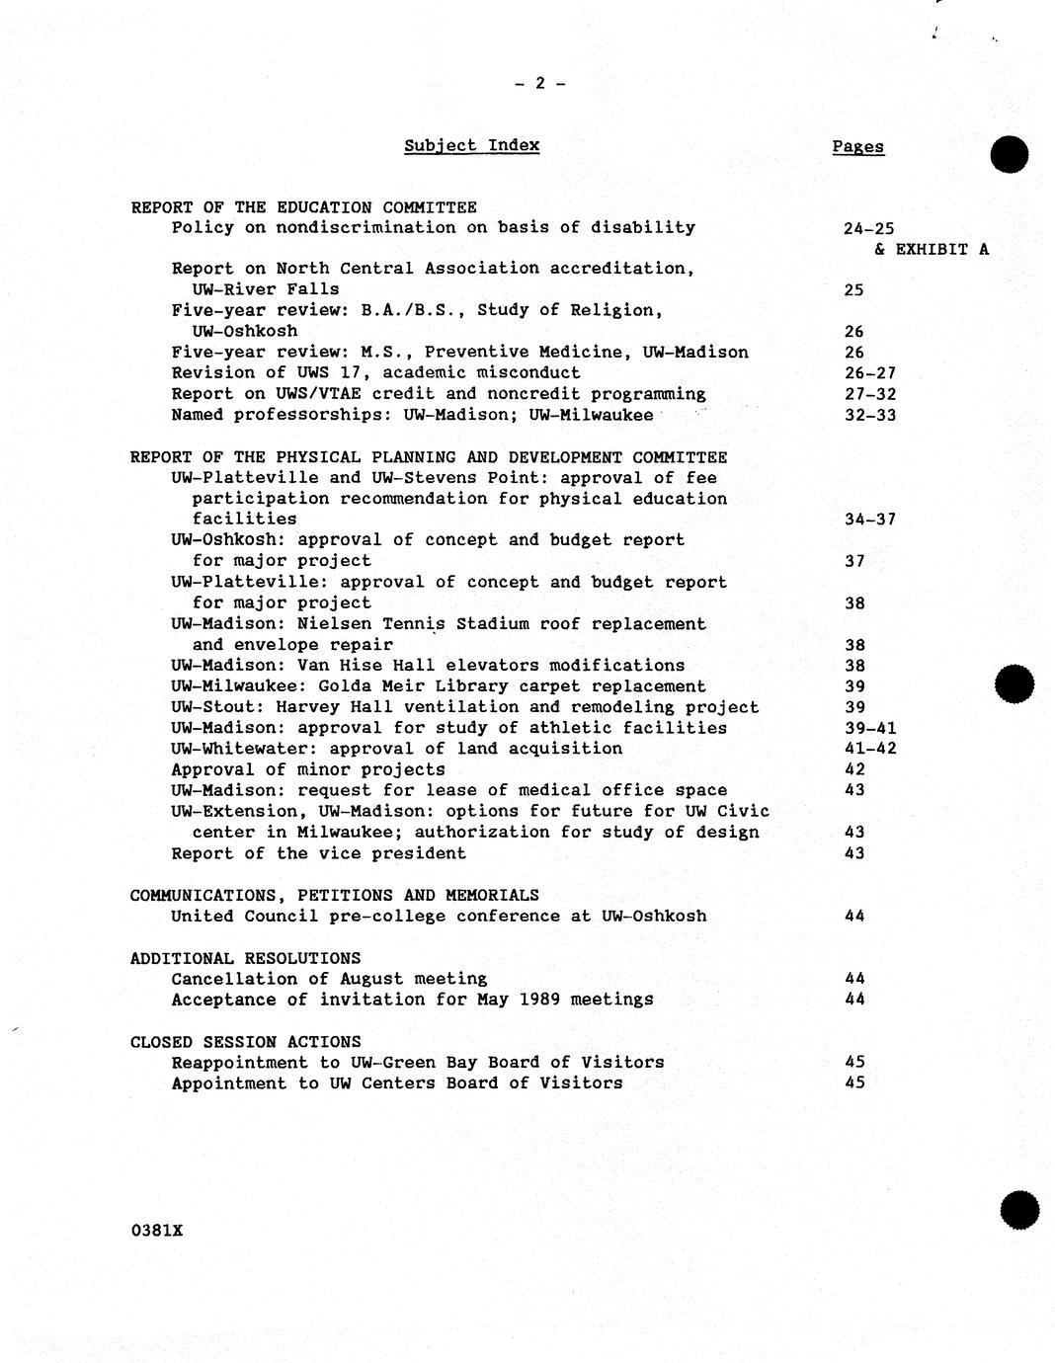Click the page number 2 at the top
point(539,84)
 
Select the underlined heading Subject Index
point(471,146)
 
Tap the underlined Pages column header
point(857,147)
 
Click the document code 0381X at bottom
point(156,1231)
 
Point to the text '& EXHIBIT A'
point(931,249)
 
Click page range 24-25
point(868,229)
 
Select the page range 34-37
point(869,520)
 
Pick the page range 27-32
point(869,394)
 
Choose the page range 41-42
point(869,749)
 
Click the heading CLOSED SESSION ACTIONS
point(245,1042)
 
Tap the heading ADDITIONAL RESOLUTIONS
point(245,958)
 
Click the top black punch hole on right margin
point(1010,155)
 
